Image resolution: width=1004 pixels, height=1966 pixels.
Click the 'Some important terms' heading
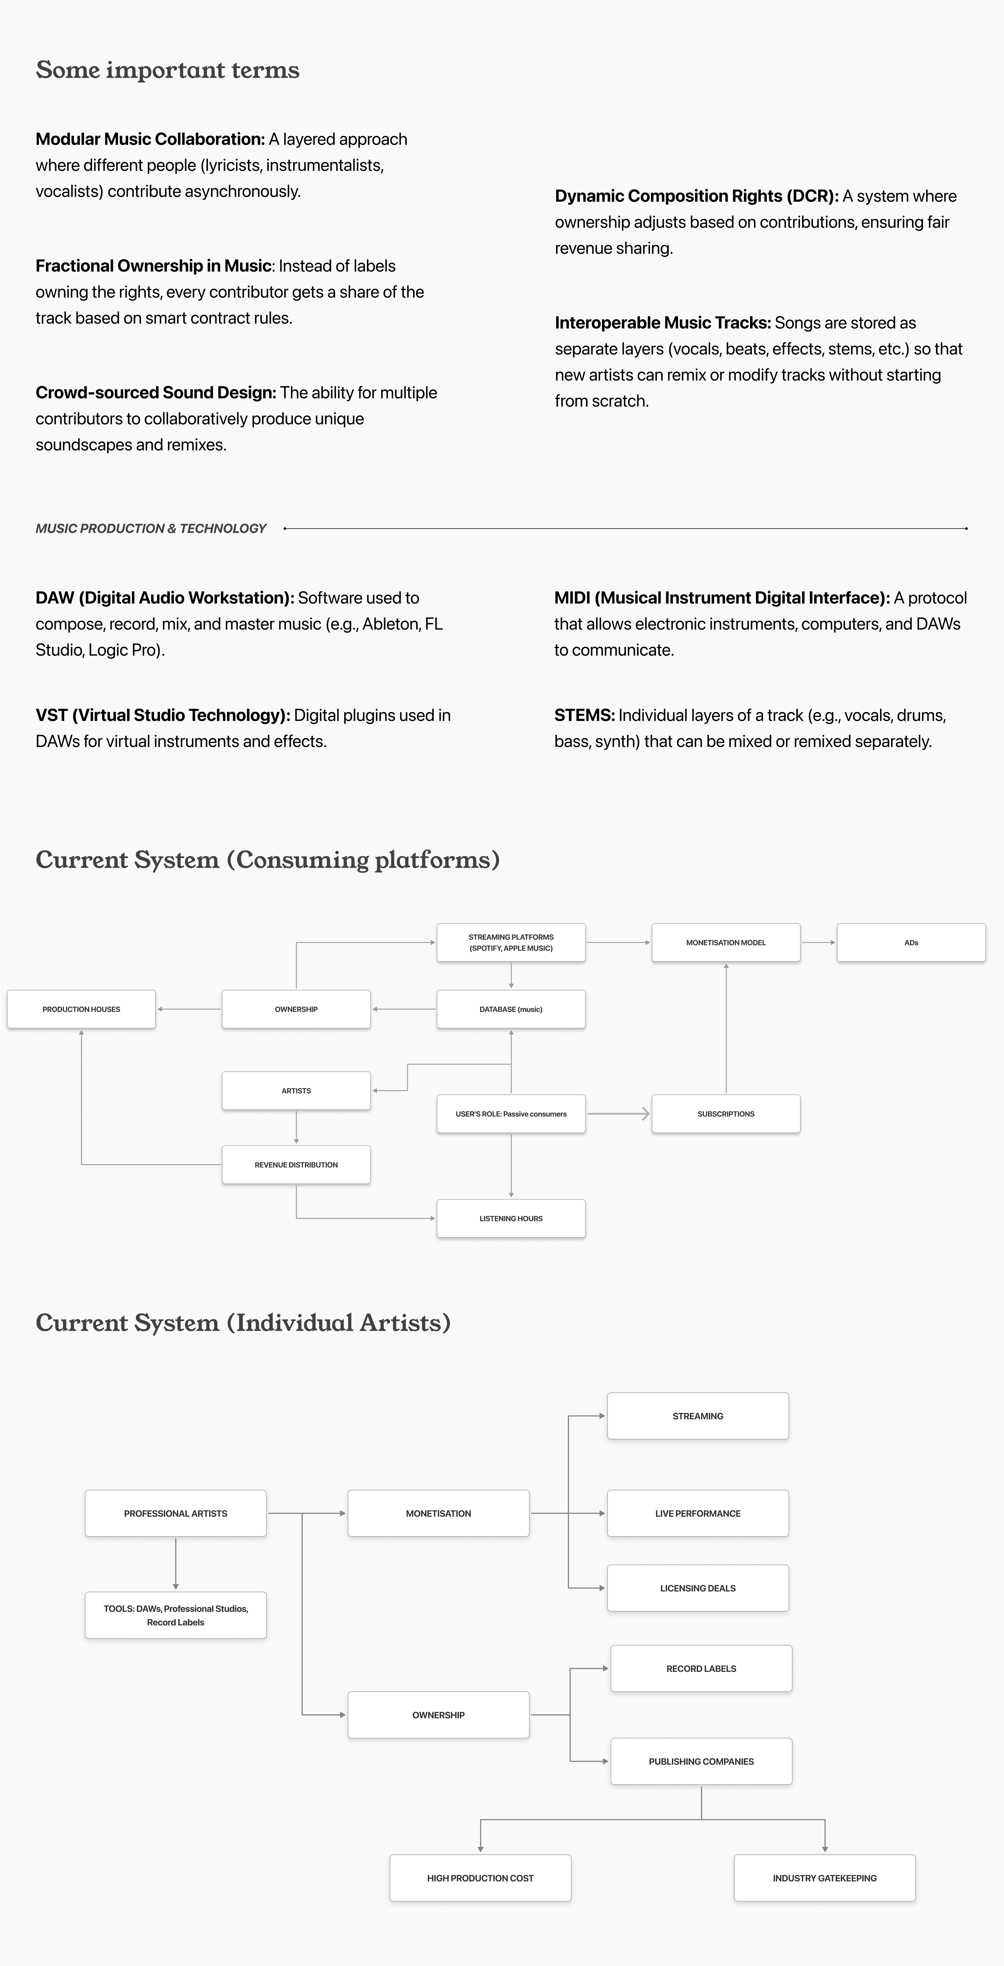click(x=167, y=69)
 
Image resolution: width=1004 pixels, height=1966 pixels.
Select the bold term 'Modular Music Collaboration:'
click(x=150, y=139)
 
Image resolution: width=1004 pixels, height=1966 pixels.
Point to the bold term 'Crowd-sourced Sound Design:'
click(x=156, y=392)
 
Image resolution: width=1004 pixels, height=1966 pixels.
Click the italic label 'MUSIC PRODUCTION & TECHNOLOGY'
click(x=151, y=528)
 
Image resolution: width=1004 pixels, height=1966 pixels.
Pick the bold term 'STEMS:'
click(x=584, y=715)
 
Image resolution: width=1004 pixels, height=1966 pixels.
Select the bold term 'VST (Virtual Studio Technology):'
click(x=163, y=715)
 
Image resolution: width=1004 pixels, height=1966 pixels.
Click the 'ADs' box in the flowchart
click(x=911, y=942)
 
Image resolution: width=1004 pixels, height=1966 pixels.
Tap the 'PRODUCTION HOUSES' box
click(x=81, y=1009)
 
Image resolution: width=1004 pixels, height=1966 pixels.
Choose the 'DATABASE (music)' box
click(x=511, y=1009)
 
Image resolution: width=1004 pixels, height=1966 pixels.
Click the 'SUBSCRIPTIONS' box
click(x=725, y=1113)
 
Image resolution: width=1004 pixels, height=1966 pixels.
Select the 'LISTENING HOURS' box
click(x=511, y=1218)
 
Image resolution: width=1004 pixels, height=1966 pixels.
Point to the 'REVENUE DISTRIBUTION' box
click(x=296, y=1165)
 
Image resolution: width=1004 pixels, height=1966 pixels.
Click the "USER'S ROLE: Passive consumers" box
click(x=511, y=1113)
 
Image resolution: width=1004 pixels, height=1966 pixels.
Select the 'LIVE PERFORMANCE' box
click(x=697, y=1513)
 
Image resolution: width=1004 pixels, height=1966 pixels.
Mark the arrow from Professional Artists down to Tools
click(x=176, y=1563)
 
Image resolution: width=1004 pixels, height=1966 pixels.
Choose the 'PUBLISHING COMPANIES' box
click(x=701, y=1762)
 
